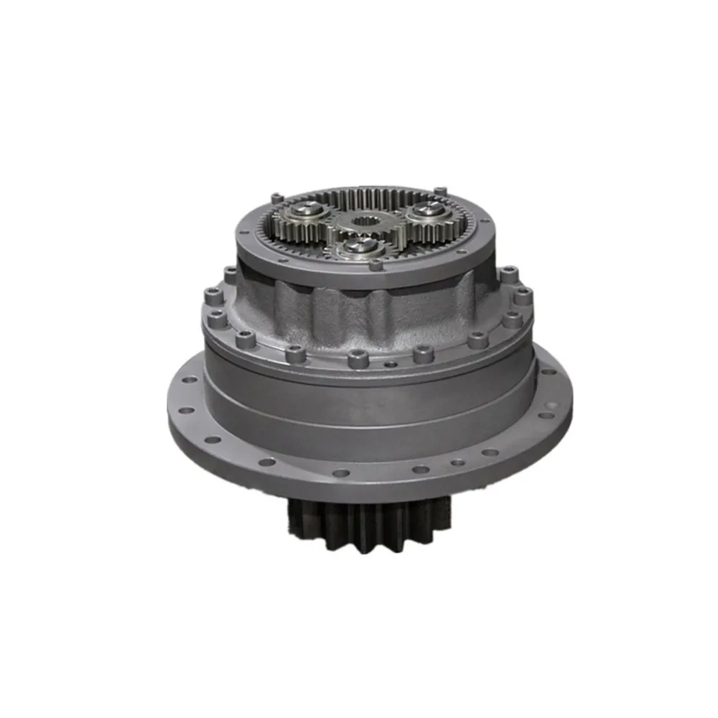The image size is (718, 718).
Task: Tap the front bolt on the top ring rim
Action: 374,264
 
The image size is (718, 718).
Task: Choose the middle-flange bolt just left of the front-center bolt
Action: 294,352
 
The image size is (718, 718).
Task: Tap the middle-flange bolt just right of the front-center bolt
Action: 423,353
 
